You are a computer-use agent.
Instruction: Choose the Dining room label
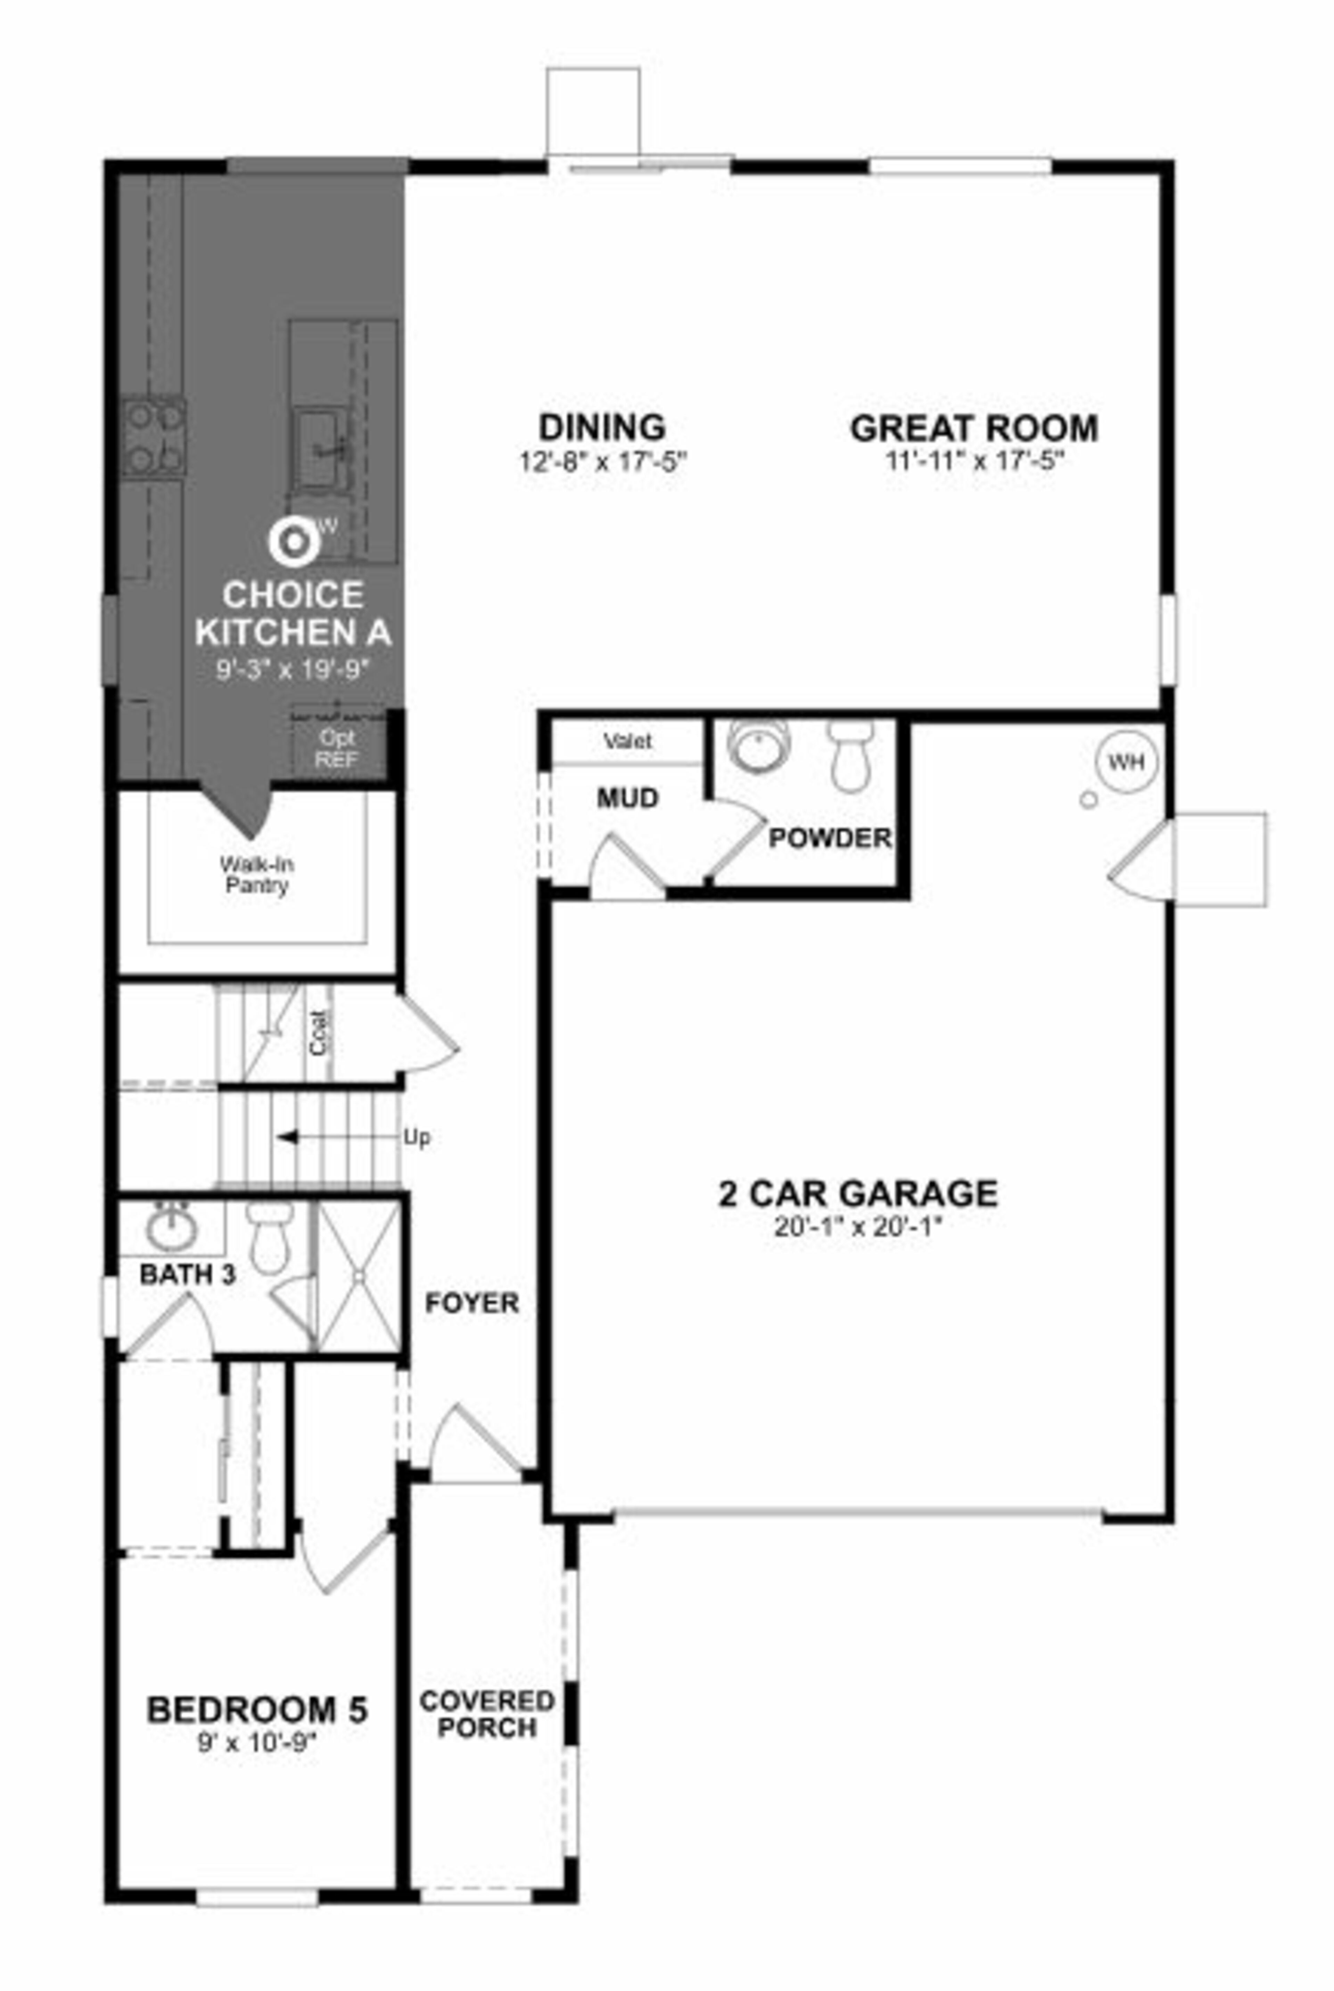602,425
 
